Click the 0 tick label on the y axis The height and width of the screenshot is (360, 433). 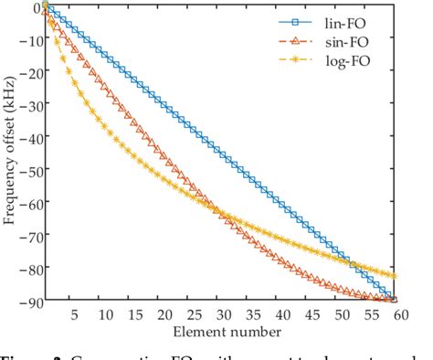pos(34,8)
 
